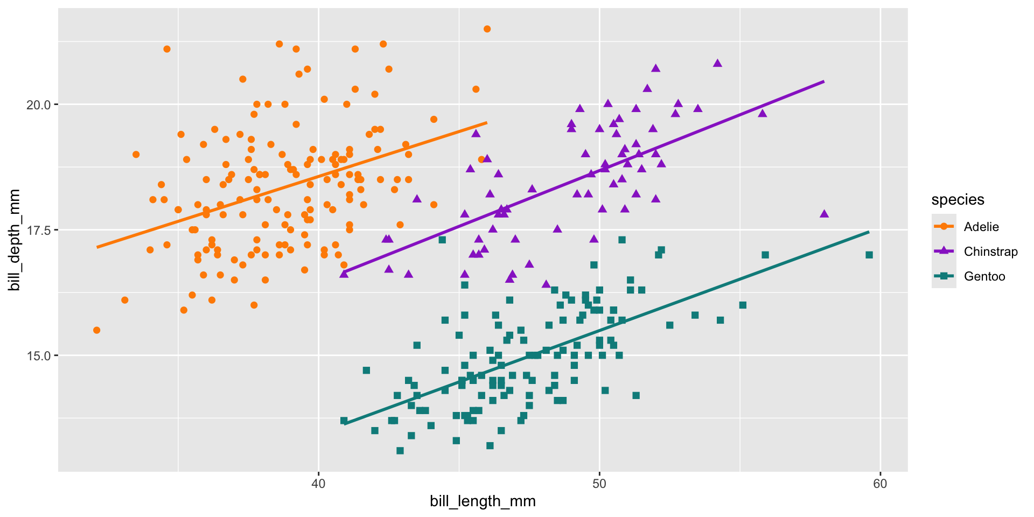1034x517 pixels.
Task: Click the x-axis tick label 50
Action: coord(599,484)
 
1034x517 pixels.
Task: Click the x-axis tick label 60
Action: coord(879,484)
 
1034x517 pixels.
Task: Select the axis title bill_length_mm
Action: coord(483,502)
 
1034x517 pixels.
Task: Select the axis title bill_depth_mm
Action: coord(15,240)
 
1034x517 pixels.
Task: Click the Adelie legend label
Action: coord(981,227)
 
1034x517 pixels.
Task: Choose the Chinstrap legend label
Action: coord(990,251)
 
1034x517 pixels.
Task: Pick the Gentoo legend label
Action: coord(984,276)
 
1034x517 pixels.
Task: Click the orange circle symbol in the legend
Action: coord(944,227)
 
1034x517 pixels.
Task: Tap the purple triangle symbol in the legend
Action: coord(944,251)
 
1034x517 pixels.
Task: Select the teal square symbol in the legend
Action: coord(944,276)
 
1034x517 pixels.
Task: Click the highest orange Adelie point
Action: coord(487,29)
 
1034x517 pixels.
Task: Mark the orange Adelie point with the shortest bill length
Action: coord(96,330)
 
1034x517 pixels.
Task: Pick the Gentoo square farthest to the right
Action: coord(869,255)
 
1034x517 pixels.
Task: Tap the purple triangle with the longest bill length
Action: coord(824,214)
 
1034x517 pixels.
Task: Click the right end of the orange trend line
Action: coord(486,123)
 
